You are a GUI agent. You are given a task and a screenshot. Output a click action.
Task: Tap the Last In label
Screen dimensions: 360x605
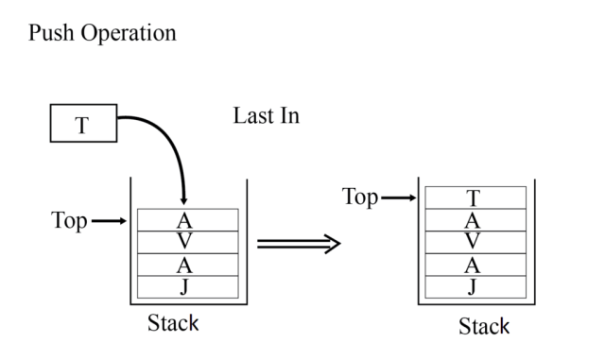[266, 117]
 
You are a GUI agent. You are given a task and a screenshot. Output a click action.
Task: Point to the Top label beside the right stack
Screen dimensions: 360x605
[360, 197]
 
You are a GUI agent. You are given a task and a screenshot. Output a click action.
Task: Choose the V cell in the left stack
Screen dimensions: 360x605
[186, 241]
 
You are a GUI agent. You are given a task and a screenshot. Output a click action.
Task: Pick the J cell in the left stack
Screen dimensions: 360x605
[186, 285]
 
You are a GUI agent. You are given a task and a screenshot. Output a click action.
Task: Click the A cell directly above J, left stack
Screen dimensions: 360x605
[186, 265]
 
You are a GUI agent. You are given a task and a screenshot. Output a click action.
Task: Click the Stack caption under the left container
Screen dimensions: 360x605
[173, 323]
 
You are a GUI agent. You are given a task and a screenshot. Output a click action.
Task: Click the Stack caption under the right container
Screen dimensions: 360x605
[483, 327]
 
